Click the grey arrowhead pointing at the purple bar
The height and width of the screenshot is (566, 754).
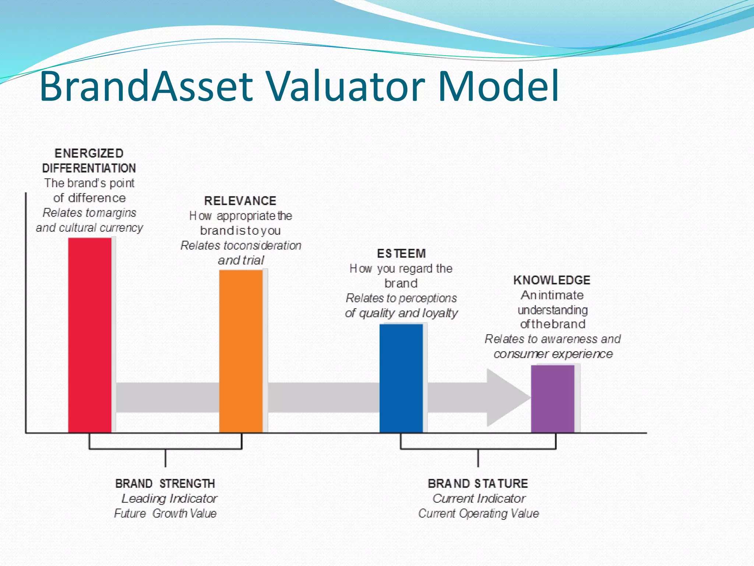click(x=506, y=398)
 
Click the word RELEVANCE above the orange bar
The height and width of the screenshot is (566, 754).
click(x=240, y=201)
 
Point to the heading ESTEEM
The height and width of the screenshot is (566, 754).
click(x=401, y=254)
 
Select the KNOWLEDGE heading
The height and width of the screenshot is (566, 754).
click(x=552, y=280)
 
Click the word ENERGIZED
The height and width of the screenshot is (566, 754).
click(x=89, y=153)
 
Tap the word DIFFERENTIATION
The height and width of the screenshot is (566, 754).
click(x=89, y=168)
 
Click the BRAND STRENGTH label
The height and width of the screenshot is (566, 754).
click(x=165, y=483)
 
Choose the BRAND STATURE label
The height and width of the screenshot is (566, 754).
click(x=478, y=483)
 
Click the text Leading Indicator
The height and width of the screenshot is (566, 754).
click(x=169, y=498)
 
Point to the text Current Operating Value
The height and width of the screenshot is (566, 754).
click(x=478, y=513)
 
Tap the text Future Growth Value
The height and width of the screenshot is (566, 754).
click(x=165, y=513)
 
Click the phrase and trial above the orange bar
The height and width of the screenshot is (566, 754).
click(x=241, y=260)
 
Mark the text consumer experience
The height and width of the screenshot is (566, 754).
click(x=553, y=354)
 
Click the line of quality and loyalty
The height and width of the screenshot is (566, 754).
click(x=401, y=313)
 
